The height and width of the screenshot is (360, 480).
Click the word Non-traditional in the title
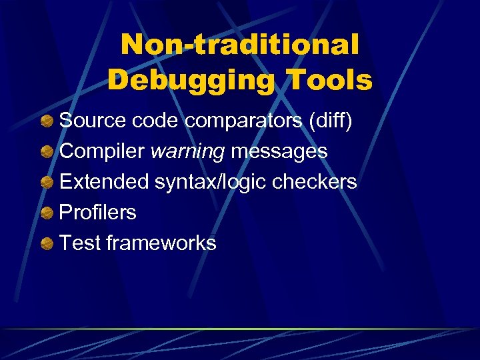pyautogui.click(x=240, y=45)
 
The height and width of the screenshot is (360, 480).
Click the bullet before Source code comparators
pyautogui.click(x=47, y=121)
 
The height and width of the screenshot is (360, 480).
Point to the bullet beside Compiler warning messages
pyautogui.click(x=47, y=152)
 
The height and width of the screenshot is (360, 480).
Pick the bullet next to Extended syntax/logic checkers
pyautogui.click(x=47, y=183)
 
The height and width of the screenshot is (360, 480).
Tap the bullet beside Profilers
pyautogui.click(x=47, y=213)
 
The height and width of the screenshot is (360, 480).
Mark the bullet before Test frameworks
pyautogui.click(x=47, y=244)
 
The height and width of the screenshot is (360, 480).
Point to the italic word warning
pyautogui.click(x=187, y=152)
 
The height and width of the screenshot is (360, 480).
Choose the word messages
pyautogui.click(x=279, y=152)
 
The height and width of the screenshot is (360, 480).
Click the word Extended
pyautogui.click(x=104, y=182)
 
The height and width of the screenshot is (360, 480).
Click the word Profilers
pyautogui.click(x=98, y=213)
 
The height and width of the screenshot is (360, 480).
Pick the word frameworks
pyautogui.click(x=161, y=243)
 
